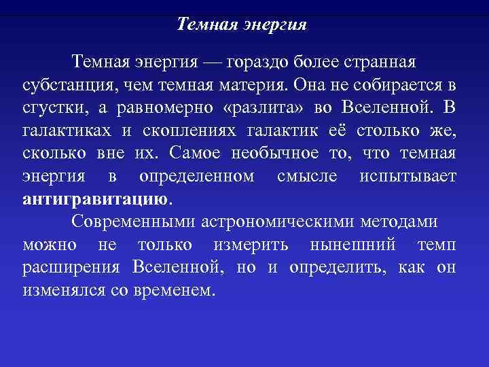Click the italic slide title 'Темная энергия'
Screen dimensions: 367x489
(x=242, y=25)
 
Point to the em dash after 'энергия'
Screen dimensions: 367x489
(x=213, y=63)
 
